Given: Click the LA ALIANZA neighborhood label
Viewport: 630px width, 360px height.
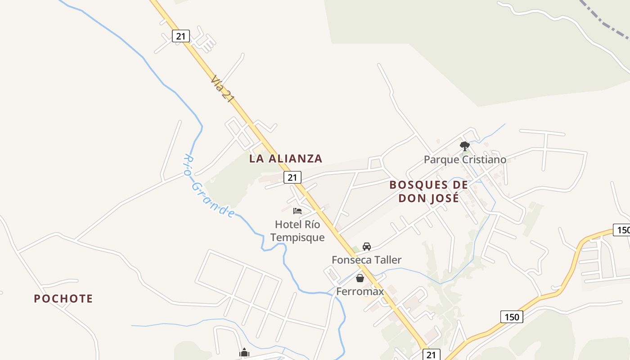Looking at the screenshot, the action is (286, 158).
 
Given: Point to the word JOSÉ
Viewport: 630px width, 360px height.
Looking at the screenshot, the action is (444, 198).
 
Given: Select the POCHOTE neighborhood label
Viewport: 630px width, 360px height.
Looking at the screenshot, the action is (63, 298).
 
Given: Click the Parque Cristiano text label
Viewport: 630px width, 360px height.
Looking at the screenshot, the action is (465, 160).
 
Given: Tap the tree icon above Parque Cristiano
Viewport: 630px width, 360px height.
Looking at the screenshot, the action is (465, 146).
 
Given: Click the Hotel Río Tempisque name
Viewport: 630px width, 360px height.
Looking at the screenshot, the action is (297, 230).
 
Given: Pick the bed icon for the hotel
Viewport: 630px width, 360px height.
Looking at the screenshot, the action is (297, 211).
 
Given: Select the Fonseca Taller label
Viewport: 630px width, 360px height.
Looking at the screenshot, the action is (366, 260).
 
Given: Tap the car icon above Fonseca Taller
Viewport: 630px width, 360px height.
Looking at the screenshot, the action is (367, 247).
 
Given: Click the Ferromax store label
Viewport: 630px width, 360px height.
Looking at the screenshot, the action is (360, 291).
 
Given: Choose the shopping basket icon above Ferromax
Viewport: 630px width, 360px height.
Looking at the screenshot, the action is (360, 278).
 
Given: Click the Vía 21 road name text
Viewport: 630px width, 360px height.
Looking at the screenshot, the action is (222, 89).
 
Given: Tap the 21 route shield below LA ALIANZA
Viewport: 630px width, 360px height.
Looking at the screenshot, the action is (292, 177).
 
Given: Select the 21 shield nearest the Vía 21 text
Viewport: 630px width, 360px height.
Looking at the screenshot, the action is (180, 36).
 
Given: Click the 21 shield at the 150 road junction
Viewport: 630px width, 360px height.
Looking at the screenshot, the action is (431, 355).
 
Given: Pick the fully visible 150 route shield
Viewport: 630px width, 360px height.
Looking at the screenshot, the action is (512, 317).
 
